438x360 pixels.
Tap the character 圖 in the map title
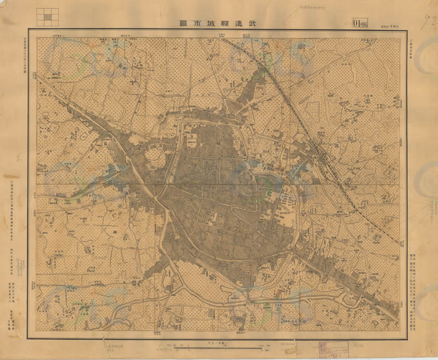pos(182,24)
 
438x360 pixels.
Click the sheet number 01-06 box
pos(360,24)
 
